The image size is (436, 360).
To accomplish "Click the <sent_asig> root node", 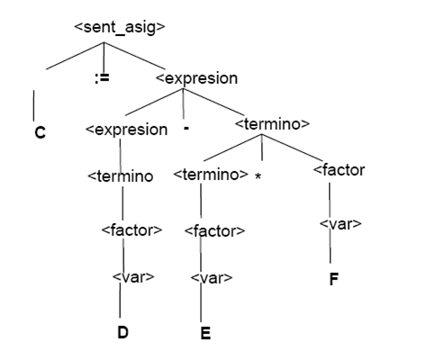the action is (120, 27).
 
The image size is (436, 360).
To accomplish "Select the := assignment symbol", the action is (102, 78).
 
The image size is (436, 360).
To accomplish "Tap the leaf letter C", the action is (40, 132).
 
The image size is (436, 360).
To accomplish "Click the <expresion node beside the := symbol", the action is (196, 78).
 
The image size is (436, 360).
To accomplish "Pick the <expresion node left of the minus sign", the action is (126, 130).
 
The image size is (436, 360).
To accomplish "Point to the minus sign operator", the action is (186, 129).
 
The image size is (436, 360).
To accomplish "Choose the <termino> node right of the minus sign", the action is (272, 124).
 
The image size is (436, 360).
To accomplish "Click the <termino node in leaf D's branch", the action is (121, 176).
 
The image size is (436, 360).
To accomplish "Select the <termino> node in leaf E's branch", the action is (211, 175).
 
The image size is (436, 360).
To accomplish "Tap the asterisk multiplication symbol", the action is (258, 176).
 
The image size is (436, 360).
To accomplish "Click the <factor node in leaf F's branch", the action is (339, 170).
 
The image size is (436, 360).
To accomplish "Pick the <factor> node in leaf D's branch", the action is (132, 230).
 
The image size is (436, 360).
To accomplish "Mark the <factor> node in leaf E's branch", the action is (214, 231).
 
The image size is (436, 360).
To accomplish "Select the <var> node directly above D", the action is (133, 277).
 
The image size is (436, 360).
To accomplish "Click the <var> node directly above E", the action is (212, 278).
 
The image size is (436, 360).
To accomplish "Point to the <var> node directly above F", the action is (341, 224).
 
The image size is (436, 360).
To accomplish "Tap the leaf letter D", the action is (123, 332).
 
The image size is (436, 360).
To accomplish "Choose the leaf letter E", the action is (205, 333).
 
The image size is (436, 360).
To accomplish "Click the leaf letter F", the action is (334, 279).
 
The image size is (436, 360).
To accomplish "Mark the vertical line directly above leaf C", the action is (33, 105).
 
